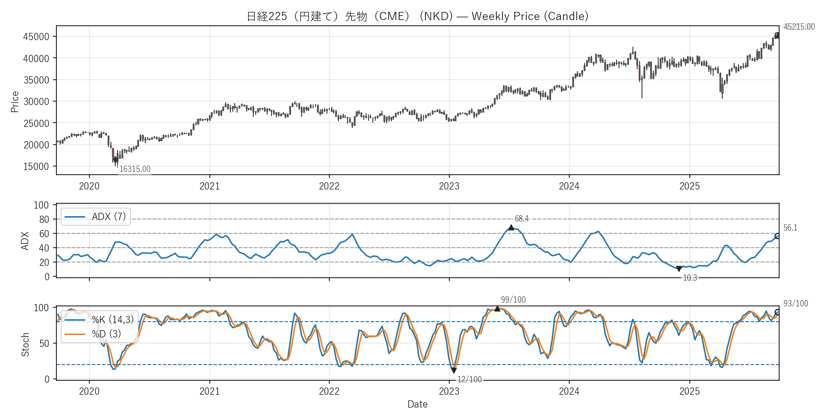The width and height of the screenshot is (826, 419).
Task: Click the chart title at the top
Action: click(x=417, y=16)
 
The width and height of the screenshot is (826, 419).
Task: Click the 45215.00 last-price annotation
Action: click(x=799, y=27)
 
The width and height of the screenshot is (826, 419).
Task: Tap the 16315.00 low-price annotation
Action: click(x=135, y=169)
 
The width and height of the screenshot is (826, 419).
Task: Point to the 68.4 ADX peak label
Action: click(x=522, y=219)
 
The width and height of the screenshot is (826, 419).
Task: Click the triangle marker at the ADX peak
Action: click(x=511, y=227)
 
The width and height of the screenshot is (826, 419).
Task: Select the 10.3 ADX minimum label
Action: click(x=690, y=278)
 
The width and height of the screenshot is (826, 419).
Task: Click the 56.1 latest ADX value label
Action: click(x=790, y=228)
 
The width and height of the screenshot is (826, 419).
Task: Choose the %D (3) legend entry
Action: click(x=106, y=334)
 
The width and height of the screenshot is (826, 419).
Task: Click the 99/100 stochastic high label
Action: click(x=513, y=300)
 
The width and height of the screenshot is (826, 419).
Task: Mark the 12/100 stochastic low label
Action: click(x=469, y=379)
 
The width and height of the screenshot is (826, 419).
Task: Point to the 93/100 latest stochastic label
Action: click(x=795, y=304)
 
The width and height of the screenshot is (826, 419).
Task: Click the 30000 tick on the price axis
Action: click(x=36, y=102)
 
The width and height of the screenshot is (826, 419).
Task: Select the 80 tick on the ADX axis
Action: click(x=44, y=220)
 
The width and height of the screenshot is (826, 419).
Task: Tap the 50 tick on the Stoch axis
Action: click(x=44, y=344)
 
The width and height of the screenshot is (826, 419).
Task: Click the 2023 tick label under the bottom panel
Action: click(x=449, y=391)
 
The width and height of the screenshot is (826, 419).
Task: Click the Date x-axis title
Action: click(x=417, y=404)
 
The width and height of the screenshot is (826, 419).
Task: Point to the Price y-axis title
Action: click(x=15, y=102)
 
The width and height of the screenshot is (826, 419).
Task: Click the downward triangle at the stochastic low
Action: click(x=454, y=370)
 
